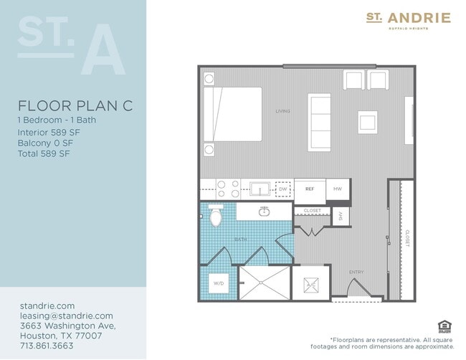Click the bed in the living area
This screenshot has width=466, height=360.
click(x=233, y=115)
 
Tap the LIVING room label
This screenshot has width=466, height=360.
click(x=282, y=111)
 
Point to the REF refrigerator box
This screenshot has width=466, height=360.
click(x=310, y=189)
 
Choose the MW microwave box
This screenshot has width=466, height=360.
click(x=338, y=189)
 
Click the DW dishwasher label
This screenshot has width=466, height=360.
click(x=282, y=189)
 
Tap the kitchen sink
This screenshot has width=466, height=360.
click(x=259, y=189)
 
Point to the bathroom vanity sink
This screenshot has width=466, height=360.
click(x=264, y=212)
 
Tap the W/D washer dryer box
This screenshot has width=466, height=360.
click(x=219, y=283)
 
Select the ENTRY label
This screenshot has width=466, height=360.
click(x=356, y=273)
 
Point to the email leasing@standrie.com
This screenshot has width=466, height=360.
click(x=66, y=316)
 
